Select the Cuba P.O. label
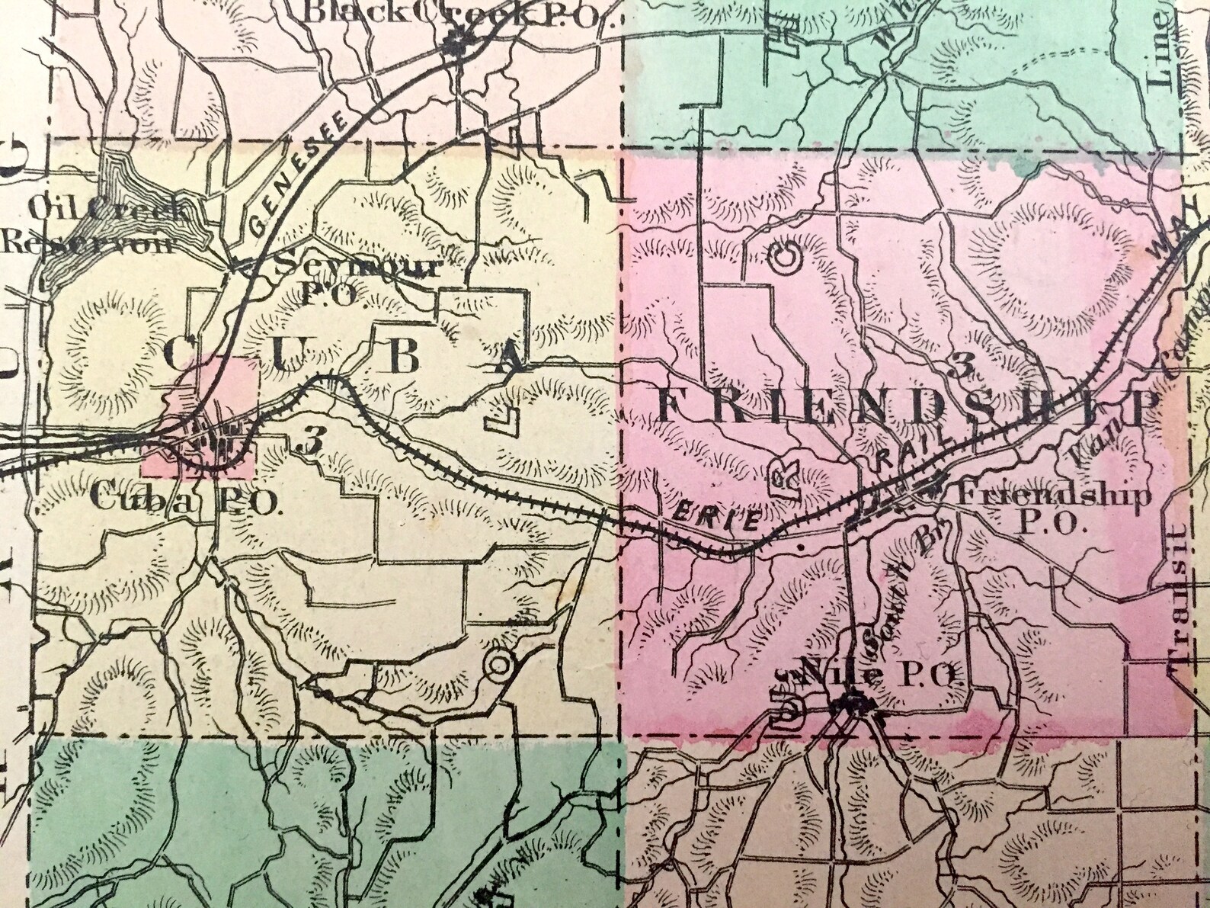click(186, 499)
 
